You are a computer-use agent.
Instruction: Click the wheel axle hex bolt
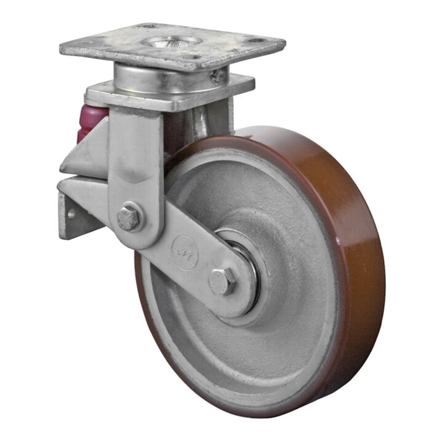(x=222, y=281)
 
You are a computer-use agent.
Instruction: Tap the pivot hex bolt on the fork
(x=129, y=218)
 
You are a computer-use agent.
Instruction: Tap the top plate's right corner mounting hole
(x=256, y=42)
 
